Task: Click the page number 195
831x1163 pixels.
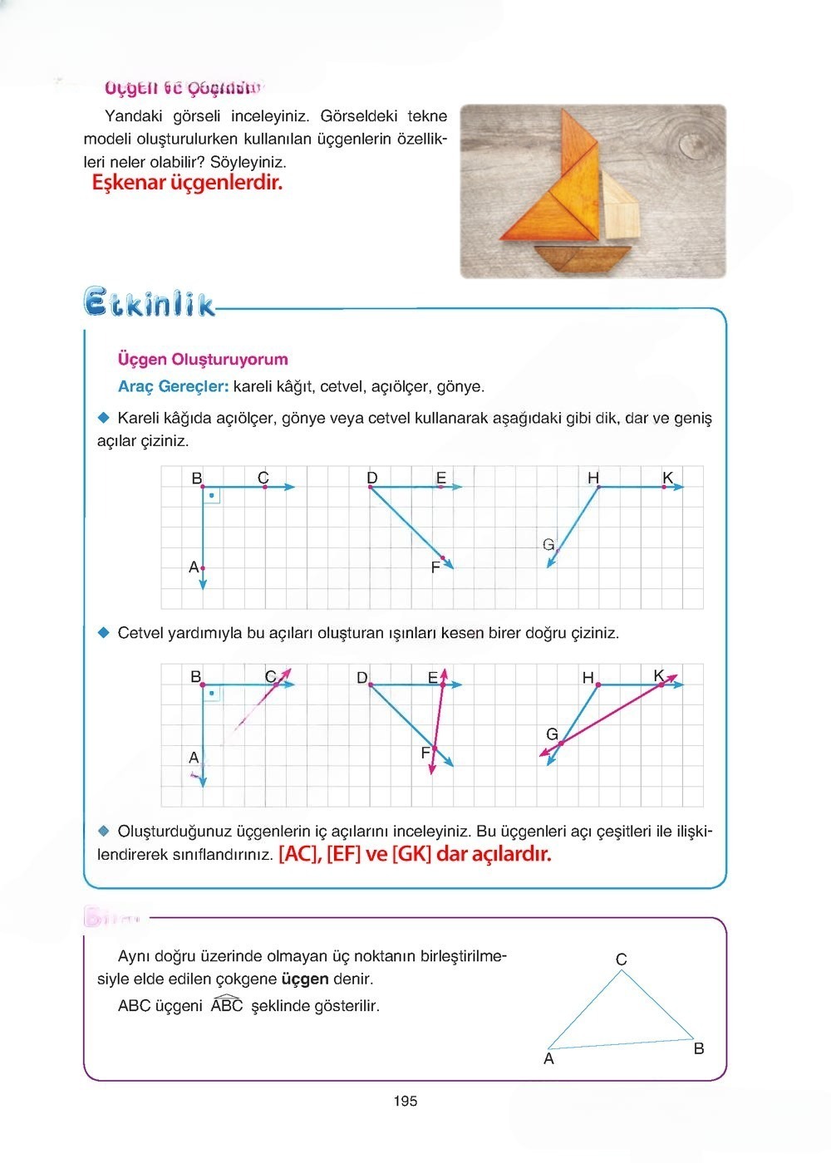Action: click(406, 1102)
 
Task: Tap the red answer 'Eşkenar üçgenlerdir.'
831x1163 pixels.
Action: click(187, 183)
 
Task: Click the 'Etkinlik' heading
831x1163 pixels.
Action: click(150, 302)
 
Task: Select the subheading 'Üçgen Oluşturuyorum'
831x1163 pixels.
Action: click(203, 360)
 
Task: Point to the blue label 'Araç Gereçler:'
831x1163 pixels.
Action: click(173, 386)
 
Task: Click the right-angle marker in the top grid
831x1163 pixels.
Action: click(212, 496)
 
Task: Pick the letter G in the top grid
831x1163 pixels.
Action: click(548, 545)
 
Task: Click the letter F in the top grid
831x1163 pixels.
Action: click(435, 568)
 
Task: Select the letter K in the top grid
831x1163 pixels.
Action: click(667, 478)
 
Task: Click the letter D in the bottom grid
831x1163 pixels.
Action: click(361, 678)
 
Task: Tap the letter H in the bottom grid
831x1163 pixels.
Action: click(588, 678)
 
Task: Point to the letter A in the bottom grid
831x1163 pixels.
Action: click(194, 758)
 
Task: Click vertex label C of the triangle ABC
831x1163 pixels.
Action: click(622, 959)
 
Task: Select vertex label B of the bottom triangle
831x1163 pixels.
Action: click(699, 1048)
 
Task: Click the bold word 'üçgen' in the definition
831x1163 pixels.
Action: click(305, 979)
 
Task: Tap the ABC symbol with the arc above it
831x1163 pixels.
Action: click(226, 1005)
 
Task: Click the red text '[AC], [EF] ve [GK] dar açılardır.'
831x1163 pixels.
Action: click(415, 854)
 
